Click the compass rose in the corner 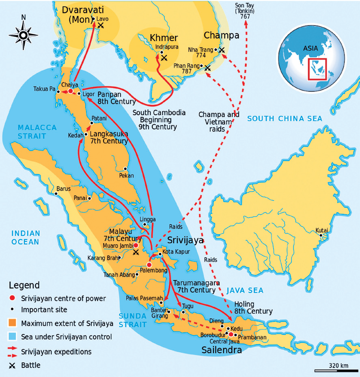pyautogui.click(x=23, y=33)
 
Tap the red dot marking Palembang pyautogui.click(x=149, y=265)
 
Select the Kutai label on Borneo pyautogui.click(x=323, y=230)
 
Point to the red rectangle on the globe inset pyautogui.click(x=317, y=69)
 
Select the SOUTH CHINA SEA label pyautogui.click(x=285, y=118)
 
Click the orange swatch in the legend pyautogui.click(x=13, y=323)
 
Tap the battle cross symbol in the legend pyautogui.click(x=13, y=365)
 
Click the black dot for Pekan pyautogui.click(x=125, y=169)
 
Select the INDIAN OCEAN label pyautogui.click(x=26, y=237)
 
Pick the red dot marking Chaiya pyautogui.click(x=71, y=91)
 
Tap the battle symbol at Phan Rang pyautogui.click(x=207, y=68)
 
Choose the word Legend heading pyautogui.click(x=24, y=285)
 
